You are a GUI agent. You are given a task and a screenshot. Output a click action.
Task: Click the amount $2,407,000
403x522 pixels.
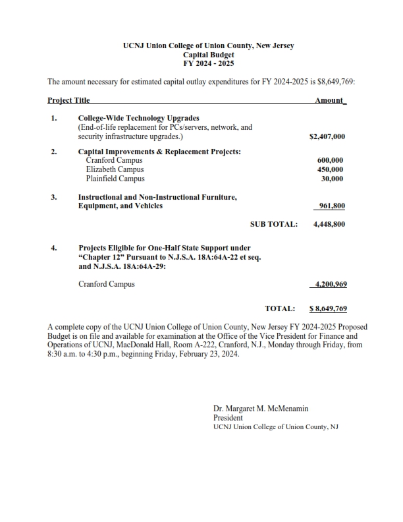[327, 138]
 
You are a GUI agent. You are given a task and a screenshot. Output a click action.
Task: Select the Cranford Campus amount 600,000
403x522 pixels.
[330, 160]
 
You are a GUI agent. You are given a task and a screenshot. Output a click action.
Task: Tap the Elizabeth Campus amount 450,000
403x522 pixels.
[330, 169]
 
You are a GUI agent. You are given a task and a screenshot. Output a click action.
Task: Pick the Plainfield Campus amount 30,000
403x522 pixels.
[332, 179]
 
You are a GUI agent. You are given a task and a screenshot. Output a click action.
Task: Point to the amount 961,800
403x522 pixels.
[331, 206]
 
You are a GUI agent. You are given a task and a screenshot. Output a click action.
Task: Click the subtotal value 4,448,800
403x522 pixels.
[329, 224]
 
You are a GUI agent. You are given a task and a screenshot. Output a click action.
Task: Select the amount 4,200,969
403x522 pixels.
[329, 284]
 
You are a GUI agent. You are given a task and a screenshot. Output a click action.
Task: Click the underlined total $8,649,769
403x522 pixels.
[328, 308]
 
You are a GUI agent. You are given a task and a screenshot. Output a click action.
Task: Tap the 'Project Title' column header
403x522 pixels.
[68, 101]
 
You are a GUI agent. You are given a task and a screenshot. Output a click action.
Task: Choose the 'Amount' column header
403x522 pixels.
[329, 101]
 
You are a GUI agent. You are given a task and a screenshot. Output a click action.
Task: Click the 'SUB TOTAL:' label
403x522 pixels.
[274, 224]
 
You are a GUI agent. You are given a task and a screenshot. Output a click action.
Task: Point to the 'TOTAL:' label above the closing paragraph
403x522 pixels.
[280, 308]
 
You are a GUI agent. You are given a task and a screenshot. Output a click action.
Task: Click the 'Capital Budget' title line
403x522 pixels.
[208, 55]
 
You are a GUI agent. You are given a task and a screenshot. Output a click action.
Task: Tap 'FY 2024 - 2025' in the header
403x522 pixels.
[208, 64]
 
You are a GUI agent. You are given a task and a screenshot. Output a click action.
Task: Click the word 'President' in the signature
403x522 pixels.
[228, 418]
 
